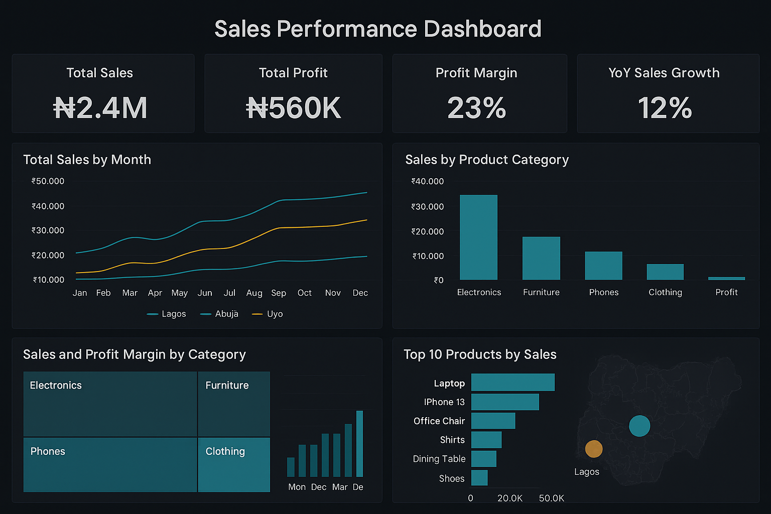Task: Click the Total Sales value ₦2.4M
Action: (x=100, y=108)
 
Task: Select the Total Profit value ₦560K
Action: (x=293, y=108)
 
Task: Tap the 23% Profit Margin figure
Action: (x=476, y=108)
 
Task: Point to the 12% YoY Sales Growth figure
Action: (x=665, y=108)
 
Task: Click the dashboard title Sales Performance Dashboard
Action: (x=377, y=29)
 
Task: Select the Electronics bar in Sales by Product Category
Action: (x=478, y=237)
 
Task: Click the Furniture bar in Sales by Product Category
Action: (x=541, y=258)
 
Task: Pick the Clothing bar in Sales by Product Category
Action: (x=665, y=272)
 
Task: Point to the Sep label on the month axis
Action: (x=279, y=293)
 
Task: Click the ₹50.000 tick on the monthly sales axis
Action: (x=48, y=181)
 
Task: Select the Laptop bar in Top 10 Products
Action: (x=512, y=382)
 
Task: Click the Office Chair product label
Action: (x=439, y=421)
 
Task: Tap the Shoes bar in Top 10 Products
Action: (x=479, y=478)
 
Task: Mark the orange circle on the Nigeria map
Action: (x=594, y=449)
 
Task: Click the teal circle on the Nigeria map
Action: (x=639, y=426)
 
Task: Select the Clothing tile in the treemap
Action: (x=234, y=465)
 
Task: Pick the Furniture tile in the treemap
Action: (x=234, y=404)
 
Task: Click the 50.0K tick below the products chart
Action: (x=551, y=498)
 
